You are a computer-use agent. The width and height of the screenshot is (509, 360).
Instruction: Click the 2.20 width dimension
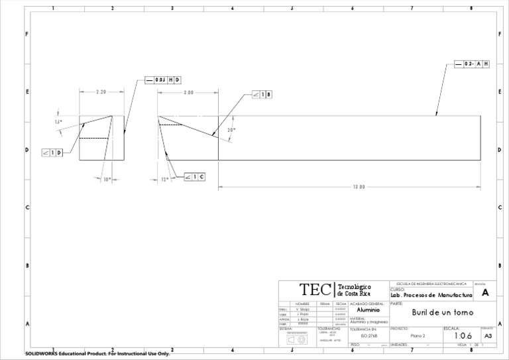click(101, 93)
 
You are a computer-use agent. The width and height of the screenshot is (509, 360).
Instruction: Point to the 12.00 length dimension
click(359, 186)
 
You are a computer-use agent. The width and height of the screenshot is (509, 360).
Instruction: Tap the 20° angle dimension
click(231, 131)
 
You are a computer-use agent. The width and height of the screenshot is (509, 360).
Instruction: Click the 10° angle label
click(107, 178)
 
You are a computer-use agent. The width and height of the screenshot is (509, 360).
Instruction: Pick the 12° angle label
click(165, 178)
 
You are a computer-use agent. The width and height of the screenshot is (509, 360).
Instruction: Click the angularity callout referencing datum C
click(194, 176)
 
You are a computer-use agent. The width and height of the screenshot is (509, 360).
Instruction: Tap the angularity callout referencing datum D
click(52, 152)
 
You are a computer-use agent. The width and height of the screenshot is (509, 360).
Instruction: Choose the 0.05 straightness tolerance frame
click(163, 80)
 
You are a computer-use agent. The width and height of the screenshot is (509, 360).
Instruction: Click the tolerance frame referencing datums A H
click(472, 64)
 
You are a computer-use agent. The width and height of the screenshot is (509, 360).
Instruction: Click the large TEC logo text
click(316, 290)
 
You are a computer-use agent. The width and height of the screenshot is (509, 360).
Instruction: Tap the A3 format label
click(488, 337)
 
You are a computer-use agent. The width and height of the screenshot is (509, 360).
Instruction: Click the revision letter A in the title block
click(485, 292)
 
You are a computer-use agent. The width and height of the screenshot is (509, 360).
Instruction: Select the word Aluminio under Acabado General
click(368, 310)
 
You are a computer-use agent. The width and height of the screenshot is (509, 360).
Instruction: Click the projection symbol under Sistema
click(296, 338)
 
